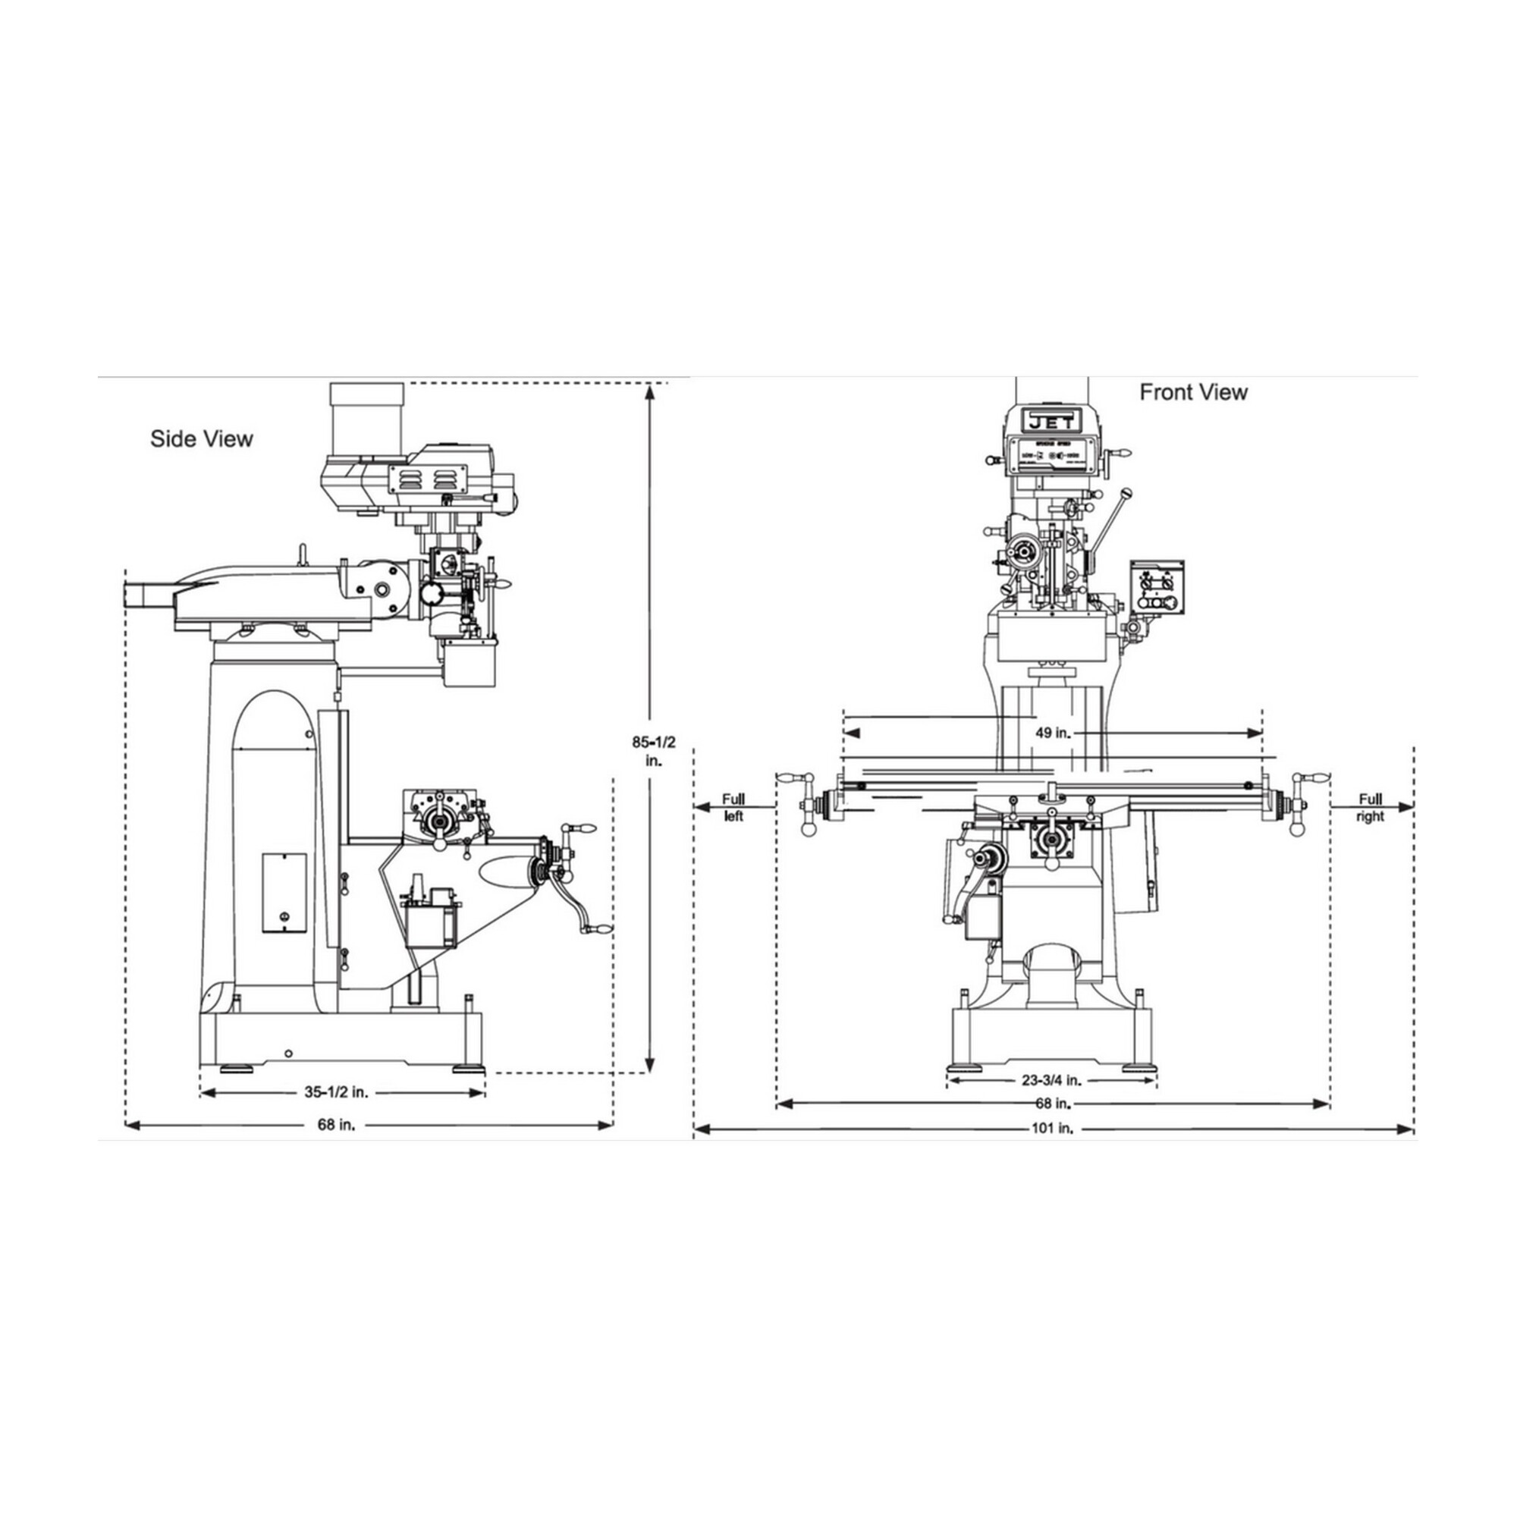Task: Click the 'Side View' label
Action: [202, 438]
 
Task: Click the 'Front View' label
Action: [1192, 392]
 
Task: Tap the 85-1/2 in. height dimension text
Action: [653, 750]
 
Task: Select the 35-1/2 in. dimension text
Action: [336, 1092]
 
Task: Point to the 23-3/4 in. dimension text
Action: [1051, 1080]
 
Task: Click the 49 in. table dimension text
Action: [1053, 733]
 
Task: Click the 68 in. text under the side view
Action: [336, 1125]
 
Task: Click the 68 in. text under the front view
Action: [1052, 1103]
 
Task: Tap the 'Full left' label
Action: [733, 807]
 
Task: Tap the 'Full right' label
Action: [1370, 807]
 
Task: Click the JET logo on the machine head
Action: [1050, 422]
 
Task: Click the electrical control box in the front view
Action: [1156, 587]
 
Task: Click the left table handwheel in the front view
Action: [805, 806]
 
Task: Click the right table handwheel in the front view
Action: [1296, 806]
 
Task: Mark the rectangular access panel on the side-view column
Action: [284, 893]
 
